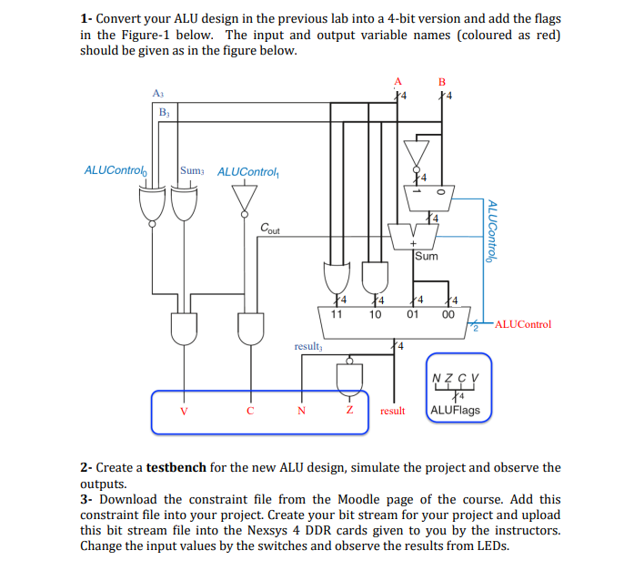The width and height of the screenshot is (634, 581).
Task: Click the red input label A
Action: [x=397, y=79]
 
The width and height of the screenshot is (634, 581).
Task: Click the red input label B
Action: [x=442, y=79]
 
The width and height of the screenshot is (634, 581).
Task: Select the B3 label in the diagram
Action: [x=164, y=112]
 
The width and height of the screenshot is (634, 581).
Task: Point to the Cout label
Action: [x=269, y=229]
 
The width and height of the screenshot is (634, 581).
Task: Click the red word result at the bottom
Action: [x=392, y=411]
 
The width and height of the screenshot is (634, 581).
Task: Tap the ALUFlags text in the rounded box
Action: [x=458, y=410]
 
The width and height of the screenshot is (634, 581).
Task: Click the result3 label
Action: [x=307, y=346]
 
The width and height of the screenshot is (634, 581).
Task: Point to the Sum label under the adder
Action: [x=426, y=257]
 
